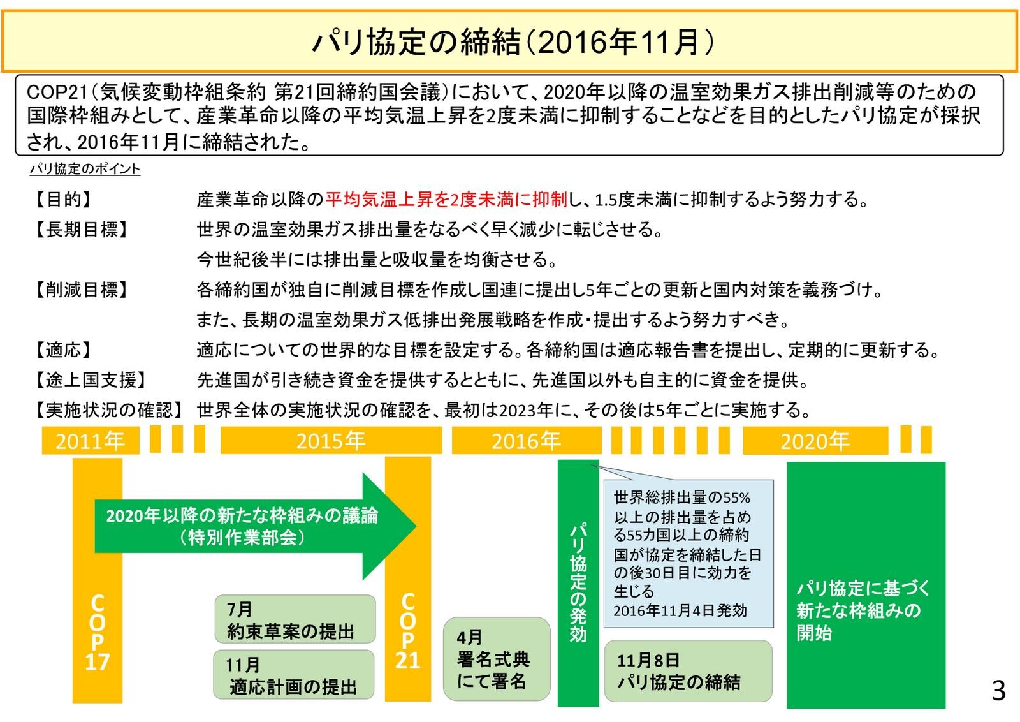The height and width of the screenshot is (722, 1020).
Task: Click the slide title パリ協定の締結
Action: (510, 42)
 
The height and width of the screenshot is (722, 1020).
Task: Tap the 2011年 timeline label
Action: (91, 441)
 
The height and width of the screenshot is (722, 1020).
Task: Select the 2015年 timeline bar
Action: (331, 441)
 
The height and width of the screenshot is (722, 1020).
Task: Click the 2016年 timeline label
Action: (526, 441)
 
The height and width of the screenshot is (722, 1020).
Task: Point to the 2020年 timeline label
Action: (815, 441)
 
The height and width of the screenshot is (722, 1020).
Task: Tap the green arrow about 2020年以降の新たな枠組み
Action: (255, 526)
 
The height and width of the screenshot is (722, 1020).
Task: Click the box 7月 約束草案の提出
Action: (294, 619)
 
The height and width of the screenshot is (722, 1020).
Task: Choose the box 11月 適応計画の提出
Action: (293, 675)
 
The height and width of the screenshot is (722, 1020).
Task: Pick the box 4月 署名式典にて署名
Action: (496, 659)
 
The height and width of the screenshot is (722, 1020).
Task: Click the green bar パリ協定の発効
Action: (578, 582)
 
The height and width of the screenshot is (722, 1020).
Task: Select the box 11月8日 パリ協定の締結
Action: (687, 671)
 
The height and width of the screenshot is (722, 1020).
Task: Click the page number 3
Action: (998, 691)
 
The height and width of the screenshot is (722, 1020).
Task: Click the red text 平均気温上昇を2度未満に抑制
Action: (446, 200)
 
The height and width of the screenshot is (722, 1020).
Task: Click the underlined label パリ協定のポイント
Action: (85, 169)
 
